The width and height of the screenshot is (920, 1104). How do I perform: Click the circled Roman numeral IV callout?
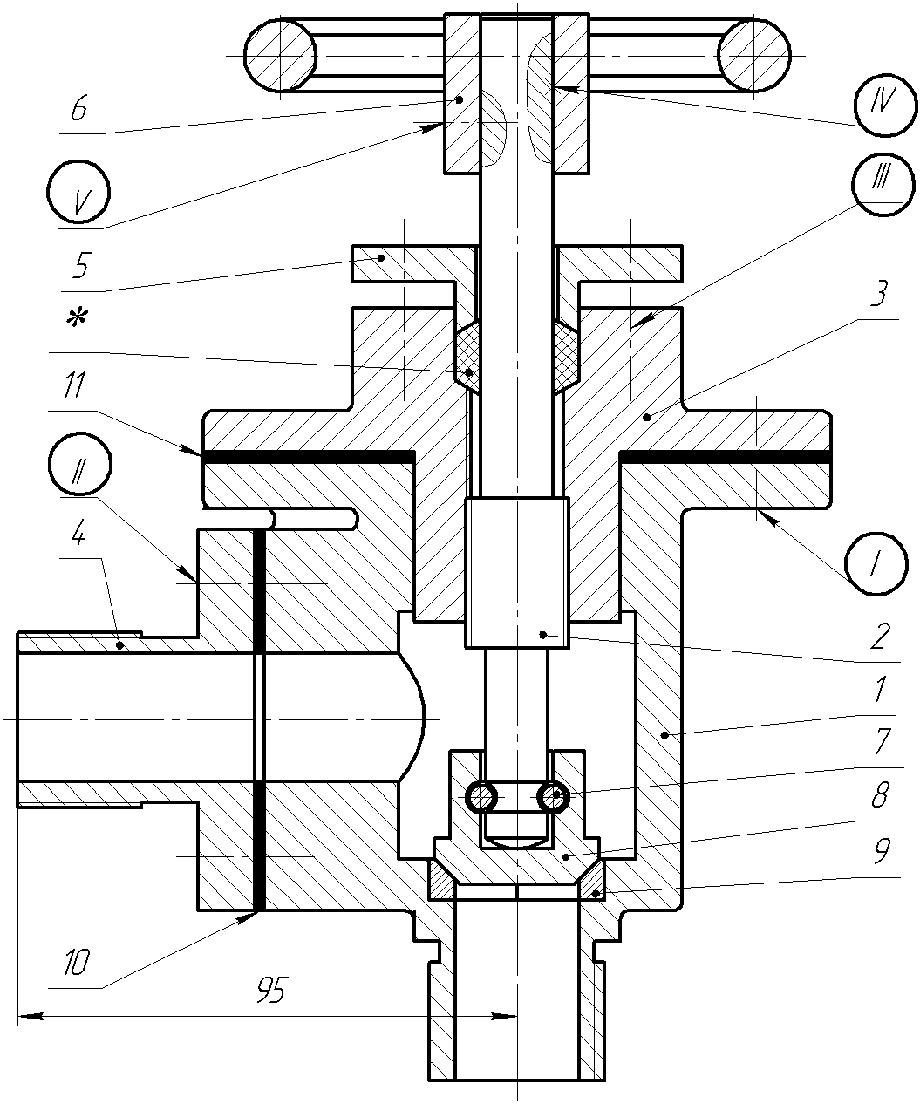[884, 106]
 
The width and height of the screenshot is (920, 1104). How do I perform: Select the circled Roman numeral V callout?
[78, 193]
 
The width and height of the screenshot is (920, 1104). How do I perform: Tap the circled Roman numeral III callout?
[883, 184]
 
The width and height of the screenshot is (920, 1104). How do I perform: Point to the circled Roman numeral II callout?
[80, 464]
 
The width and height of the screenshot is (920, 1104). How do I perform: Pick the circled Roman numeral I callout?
[876, 563]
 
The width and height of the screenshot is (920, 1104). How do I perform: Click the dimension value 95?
[271, 990]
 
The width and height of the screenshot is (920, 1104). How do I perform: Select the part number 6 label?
[78, 108]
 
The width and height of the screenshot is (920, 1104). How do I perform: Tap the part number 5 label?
[80, 265]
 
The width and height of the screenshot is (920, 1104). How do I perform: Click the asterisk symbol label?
[78, 319]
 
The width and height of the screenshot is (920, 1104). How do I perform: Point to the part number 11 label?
[73, 385]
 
